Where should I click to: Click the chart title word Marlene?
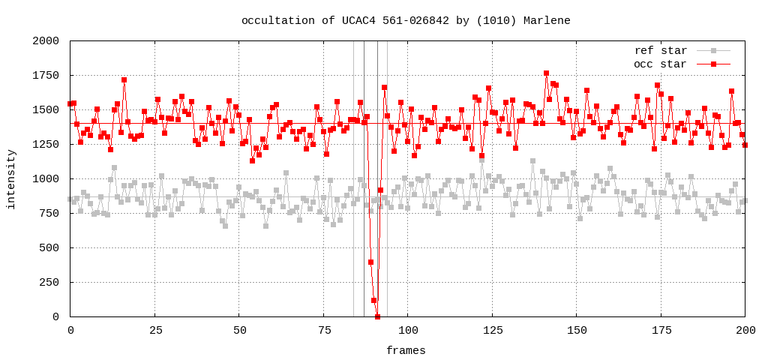click(x=547, y=20)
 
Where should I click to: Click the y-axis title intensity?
click(x=11, y=179)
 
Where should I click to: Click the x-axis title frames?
click(x=406, y=350)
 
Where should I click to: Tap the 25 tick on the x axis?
click(x=154, y=330)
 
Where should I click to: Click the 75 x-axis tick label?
click(x=323, y=330)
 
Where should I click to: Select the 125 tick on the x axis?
click(x=492, y=330)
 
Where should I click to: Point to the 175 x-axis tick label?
click(x=661, y=330)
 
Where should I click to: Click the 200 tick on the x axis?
click(x=745, y=330)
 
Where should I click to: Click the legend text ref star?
click(x=660, y=51)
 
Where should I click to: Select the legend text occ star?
click(x=660, y=64)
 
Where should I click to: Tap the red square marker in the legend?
click(x=714, y=64)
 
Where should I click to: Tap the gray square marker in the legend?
click(x=714, y=51)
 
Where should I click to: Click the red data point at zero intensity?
click(x=377, y=316)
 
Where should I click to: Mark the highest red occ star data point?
click(x=546, y=73)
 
